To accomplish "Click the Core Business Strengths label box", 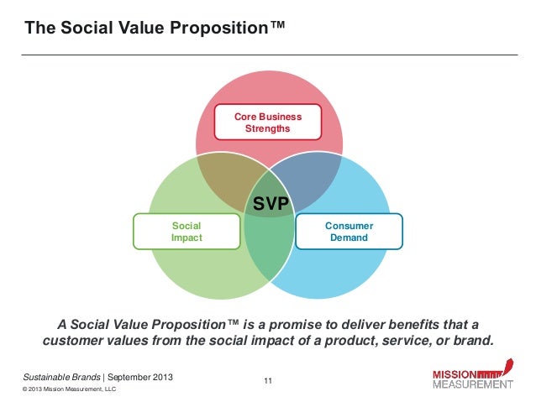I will pyautogui.click(x=267, y=123).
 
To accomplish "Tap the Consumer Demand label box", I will pyautogui.click(x=349, y=232).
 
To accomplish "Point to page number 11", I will pyautogui.click(x=268, y=383).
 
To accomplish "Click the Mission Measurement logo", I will pyautogui.click(x=471, y=379).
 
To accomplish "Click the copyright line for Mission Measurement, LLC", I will pyautogui.click(x=65, y=390).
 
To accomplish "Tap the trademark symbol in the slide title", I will pyautogui.click(x=277, y=27).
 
